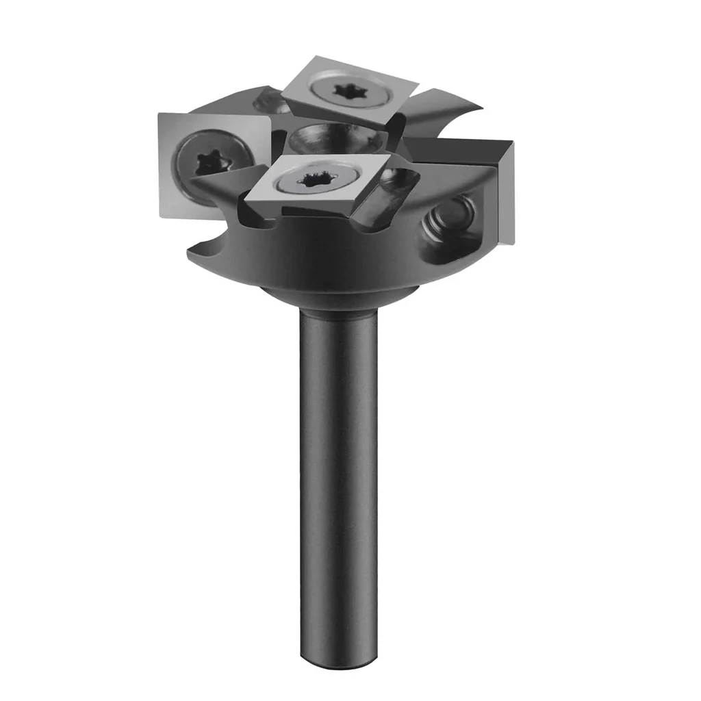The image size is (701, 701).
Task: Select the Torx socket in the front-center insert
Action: pyautogui.click(x=316, y=181)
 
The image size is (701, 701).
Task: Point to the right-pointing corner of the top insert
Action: pyautogui.click(x=418, y=85)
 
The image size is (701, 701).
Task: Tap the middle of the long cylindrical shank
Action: pyautogui.click(x=338, y=479)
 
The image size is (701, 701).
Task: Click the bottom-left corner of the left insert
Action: pyautogui.click(x=162, y=215)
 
